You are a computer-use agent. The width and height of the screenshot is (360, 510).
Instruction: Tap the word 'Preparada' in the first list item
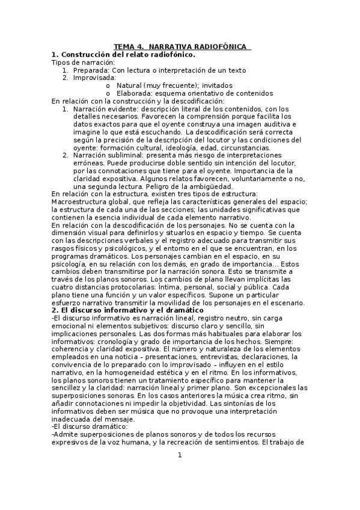click(x=93, y=70)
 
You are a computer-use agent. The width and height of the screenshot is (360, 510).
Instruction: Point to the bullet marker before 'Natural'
click(x=108, y=85)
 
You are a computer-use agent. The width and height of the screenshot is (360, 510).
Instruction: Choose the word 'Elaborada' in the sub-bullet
click(x=136, y=93)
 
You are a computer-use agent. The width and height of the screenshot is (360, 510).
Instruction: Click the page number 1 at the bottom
click(x=180, y=455)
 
